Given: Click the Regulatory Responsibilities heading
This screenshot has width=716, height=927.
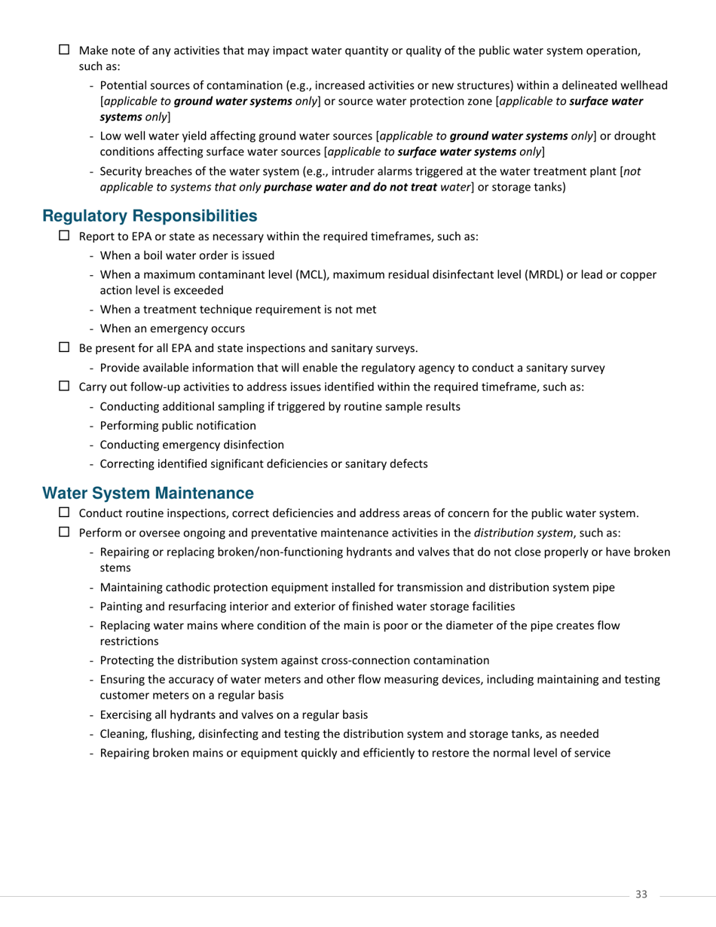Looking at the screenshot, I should click(149, 216).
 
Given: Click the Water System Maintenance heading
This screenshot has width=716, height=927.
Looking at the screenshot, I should click(148, 494).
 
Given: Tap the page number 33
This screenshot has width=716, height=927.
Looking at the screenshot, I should click(641, 895).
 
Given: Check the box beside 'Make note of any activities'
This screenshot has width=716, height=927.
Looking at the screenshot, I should click(64, 50).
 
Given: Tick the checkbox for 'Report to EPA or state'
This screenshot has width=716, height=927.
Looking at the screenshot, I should click(64, 235).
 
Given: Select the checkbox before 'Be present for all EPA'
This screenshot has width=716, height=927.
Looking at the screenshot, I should click(64, 347).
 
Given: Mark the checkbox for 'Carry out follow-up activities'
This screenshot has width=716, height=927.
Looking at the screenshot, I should click(64, 387).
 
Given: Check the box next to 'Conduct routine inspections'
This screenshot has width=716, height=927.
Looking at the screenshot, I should click(64, 512).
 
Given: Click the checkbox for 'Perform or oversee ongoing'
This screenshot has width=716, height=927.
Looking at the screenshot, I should click(64, 532).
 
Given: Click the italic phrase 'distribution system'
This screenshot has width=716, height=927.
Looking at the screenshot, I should click(523, 533).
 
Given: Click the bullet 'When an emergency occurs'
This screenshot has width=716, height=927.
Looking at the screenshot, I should click(172, 329).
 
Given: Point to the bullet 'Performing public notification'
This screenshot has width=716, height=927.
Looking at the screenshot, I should click(178, 425).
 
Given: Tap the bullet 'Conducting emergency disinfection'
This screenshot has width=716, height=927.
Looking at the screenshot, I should click(191, 445).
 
